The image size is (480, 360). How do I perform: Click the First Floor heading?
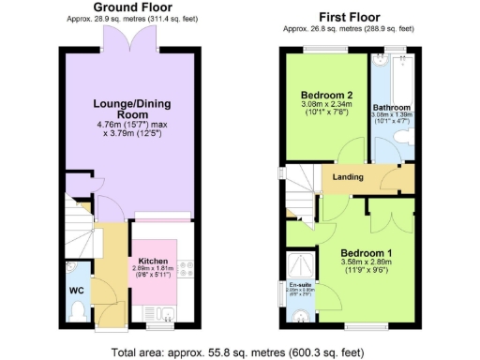point(350,17)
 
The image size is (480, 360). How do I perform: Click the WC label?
point(77,290)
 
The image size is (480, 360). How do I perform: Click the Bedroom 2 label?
point(326,96)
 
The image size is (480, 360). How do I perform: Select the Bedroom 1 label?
point(365,254)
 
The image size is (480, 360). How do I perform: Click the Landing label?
point(349,177)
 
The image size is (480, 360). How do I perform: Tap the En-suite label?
point(300,285)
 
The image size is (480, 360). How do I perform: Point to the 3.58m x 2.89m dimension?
point(365,265)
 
